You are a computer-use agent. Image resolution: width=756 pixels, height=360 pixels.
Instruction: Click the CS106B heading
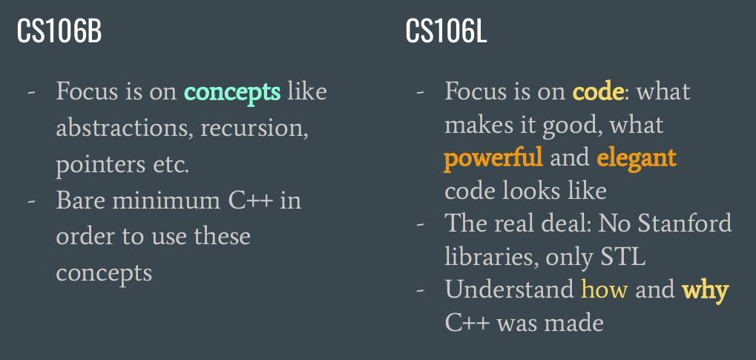pos(59,32)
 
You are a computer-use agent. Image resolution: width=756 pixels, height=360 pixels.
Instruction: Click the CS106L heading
pos(446,32)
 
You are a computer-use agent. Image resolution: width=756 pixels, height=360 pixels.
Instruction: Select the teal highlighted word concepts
pos(232,92)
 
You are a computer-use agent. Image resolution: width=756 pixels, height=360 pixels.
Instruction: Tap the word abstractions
pos(122,128)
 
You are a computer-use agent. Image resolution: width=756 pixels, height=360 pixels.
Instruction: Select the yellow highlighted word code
pos(598,91)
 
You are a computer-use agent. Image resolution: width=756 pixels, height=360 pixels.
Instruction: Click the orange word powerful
pos(493,159)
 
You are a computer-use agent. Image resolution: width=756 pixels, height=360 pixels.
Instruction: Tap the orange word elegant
pos(637,159)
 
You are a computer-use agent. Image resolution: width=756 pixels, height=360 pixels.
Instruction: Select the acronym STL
pos(623,258)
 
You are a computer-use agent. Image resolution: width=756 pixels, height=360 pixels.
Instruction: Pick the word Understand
pos(509,289)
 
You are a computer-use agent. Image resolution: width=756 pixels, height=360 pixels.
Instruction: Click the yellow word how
pos(605,290)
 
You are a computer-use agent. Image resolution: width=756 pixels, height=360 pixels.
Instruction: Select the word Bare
pos(80,200)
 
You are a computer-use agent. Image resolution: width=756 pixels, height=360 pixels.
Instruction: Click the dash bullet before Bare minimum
pos(32,201)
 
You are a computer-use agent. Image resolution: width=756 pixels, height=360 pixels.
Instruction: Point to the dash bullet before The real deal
pos(421,224)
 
